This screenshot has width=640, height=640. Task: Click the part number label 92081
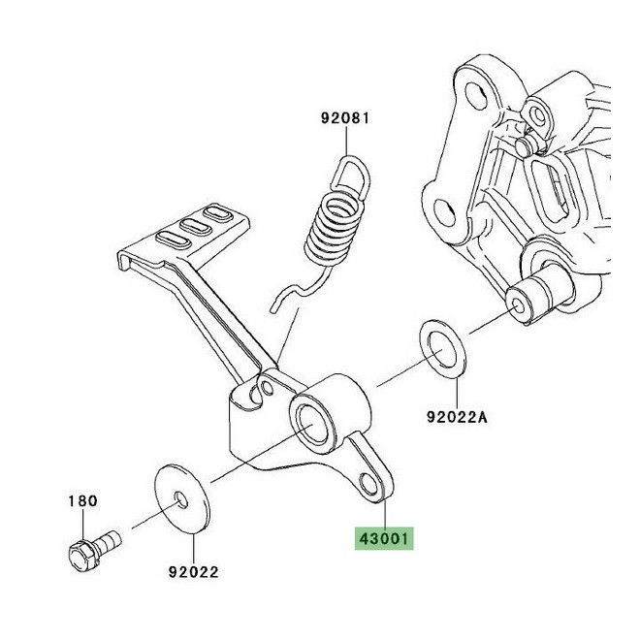(344, 118)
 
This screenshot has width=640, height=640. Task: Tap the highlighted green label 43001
(384, 539)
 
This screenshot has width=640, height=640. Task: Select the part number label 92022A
(457, 417)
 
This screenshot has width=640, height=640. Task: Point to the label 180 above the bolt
(82, 500)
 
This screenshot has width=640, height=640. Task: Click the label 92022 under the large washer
(194, 572)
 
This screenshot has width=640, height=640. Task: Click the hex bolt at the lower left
(94, 550)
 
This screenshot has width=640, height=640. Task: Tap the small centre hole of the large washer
(180, 499)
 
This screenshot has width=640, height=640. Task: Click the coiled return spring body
(332, 231)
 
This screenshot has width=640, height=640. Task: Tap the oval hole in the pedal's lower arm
(369, 483)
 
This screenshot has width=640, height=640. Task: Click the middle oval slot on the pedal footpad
(196, 225)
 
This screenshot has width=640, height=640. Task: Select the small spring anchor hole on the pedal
(268, 388)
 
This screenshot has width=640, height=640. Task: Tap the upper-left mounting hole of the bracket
(476, 96)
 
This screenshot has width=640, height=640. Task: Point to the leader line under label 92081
(346, 142)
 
